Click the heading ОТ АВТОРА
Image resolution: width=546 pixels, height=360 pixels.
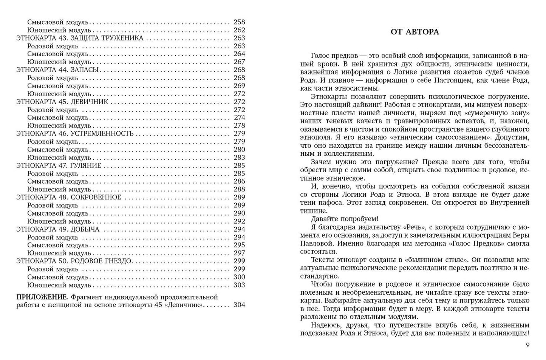[415, 32]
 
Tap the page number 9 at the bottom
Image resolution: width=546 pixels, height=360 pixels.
[527, 345]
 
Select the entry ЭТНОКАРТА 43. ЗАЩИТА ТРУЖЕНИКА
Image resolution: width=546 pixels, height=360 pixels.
[80, 38]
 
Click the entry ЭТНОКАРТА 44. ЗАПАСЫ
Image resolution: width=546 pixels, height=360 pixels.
[57, 70]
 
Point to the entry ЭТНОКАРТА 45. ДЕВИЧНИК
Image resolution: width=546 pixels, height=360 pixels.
[62, 102]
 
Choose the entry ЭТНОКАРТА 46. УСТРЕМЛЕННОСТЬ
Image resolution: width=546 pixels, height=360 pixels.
[75, 134]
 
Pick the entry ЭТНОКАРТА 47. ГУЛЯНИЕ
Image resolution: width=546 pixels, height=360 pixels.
[59, 165]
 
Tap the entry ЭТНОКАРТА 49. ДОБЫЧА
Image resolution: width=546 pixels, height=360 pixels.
[58, 229]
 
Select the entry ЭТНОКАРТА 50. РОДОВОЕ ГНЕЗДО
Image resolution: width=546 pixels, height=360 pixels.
[74, 261]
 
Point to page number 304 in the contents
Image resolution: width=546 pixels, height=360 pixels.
[239, 305]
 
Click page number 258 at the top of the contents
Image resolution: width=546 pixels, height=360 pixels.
[239, 22]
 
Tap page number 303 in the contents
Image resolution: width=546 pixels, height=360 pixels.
[239, 285]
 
